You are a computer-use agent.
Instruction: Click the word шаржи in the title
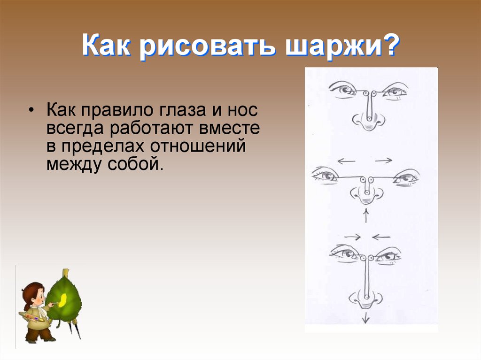pos(329,49)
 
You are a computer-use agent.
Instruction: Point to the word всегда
pos(76,129)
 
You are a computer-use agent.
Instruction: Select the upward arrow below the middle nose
pos(365,216)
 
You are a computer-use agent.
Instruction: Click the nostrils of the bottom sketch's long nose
pos(365,298)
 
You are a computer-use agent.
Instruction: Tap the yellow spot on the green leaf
pos(62,297)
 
